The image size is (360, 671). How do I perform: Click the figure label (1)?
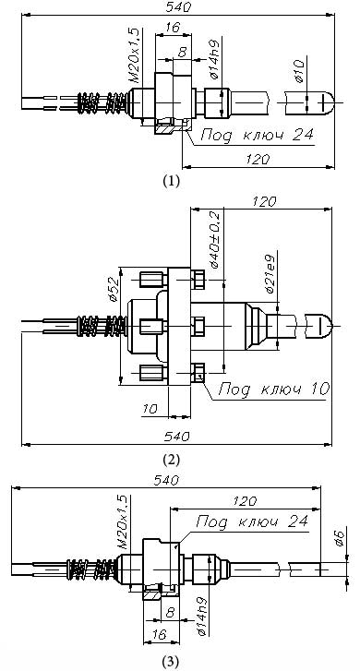tap(171, 181)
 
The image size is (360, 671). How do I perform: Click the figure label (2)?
tap(171, 460)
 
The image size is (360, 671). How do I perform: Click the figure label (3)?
tap(171, 662)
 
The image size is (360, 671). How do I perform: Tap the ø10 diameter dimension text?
tap(299, 71)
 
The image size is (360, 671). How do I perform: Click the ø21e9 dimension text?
tap(270, 274)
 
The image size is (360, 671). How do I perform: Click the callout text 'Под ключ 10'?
tap(274, 389)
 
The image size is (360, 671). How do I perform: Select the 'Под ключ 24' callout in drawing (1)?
tap(257, 136)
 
